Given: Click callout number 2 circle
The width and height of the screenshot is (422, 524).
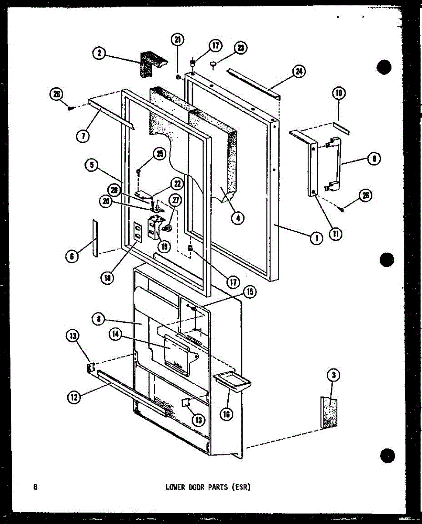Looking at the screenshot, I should coord(99,53).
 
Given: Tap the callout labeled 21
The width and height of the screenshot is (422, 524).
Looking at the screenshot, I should coord(178,40).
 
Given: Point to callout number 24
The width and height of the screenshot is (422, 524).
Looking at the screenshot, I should coord(299,72).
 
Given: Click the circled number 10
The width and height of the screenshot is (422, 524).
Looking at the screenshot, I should coord(339,92).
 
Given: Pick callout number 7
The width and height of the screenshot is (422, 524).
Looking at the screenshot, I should coord(82,135).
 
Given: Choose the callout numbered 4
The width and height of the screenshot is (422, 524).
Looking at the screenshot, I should coord(237,218).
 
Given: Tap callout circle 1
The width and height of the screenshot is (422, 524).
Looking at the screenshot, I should coord(316,238).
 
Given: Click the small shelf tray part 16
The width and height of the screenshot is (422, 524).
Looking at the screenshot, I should coord(232,381).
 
